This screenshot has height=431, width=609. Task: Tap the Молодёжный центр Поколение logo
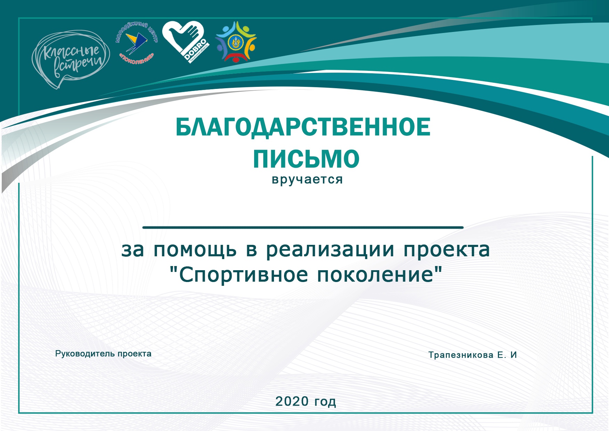(x=136, y=43)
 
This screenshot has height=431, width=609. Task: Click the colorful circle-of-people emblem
(x=236, y=42)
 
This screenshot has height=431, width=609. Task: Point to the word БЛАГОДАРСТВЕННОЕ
(x=303, y=127)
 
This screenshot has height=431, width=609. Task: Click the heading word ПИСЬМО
(x=306, y=159)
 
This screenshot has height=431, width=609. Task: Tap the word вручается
(x=307, y=180)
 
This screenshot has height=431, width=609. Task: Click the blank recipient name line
(x=303, y=227)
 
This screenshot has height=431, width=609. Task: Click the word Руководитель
(x=85, y=354)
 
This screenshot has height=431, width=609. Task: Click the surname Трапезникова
(x=461, y=355)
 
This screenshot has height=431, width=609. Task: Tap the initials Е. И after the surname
(x=507, y=355)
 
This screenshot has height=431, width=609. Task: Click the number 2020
(x=292, y=401)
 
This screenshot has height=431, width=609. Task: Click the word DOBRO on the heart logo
(x=195, y=50)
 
